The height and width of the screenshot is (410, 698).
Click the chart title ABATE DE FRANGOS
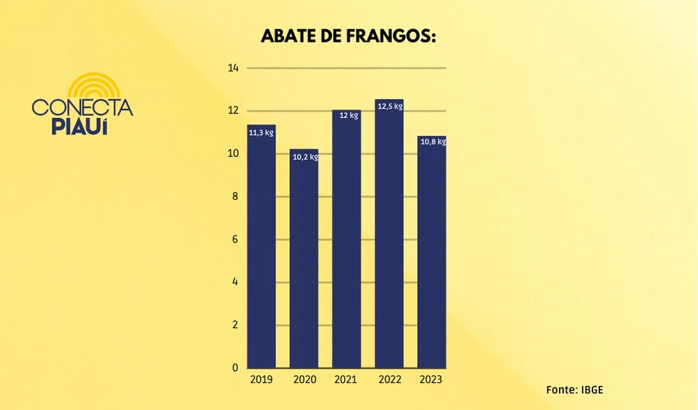tap(348, 36)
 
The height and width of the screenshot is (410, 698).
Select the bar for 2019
tap(261, 250)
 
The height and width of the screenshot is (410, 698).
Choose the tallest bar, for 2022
tap(389, 236)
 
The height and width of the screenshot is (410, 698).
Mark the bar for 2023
tap(431, 254)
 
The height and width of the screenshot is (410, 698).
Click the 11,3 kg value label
tap(261, 132)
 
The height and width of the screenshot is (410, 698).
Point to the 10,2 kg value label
tap(305, 157)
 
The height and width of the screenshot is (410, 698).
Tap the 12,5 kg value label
tap(389, 106)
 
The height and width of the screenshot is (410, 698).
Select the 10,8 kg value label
tap(432, 142)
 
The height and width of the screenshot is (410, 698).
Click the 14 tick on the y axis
tap(233, 68)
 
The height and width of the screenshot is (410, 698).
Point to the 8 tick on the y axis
tap(235, 197)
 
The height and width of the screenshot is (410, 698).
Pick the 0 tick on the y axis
tap(235, 368)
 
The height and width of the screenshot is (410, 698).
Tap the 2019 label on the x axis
tap(261, 380)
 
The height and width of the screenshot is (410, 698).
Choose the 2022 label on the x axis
tap(389, 380)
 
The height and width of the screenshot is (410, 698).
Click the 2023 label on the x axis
tap(430, 380)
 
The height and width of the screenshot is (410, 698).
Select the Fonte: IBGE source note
tap(574, 389)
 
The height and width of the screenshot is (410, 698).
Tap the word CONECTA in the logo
tap(82, 108)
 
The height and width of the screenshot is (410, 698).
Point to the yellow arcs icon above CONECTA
tap(94, 86)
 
